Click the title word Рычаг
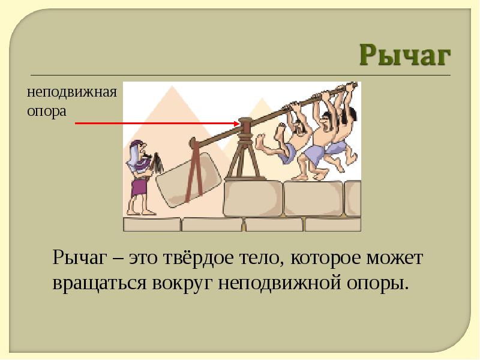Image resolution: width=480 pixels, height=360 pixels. (x=404, y=55)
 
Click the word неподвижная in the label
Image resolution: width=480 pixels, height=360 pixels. (x=72, y=92)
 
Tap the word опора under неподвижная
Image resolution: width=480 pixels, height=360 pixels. (x=47, y=111)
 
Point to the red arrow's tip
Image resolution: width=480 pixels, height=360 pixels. (x=239, y=124)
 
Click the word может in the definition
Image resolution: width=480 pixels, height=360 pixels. (x=395, y=258)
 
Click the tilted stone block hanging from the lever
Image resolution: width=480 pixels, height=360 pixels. (x=189, y=180)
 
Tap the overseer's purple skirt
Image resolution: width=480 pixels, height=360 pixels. (x=139, y=188)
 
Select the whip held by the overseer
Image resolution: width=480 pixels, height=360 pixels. (x=157, y=163)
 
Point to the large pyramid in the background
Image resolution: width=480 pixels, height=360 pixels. (x=172, y=122)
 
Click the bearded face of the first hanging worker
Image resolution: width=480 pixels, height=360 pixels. (x=298, y=127)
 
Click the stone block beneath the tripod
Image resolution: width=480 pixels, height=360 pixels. (x=253, y=198)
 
